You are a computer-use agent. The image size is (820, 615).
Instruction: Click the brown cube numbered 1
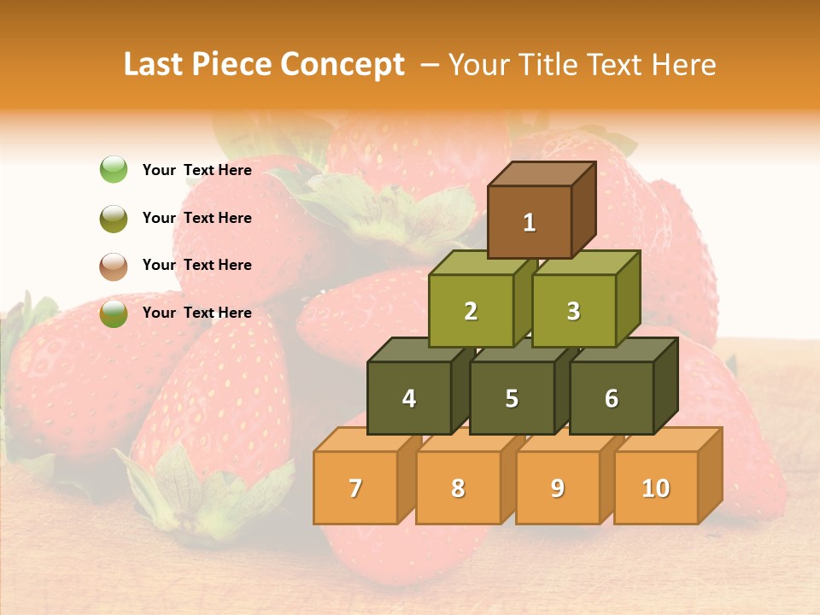click(x=530, y=222)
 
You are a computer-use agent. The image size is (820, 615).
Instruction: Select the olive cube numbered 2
click(x=471, y=311)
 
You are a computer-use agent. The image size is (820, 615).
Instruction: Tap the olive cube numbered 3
click(x=573, y=311)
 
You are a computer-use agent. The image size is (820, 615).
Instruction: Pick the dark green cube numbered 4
click(x=409, y=398)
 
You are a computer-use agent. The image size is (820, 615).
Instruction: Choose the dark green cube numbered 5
click(x=512, y=398)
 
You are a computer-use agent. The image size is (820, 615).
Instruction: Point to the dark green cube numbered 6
click(x=612, y=398)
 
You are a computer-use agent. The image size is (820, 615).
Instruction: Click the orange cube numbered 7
click(x=355, y=488)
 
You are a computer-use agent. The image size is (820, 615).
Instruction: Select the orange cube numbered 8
click(x=458, y=488)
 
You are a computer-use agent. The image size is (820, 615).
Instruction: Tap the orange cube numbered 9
click(x=557, y=488)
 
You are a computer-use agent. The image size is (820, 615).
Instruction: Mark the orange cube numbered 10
click(x=655, y=488)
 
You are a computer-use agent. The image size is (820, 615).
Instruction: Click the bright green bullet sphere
click(x=114, y=170)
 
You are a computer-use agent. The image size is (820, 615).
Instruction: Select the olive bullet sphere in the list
click(x=114, y=218)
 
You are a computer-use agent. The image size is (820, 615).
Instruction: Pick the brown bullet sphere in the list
click(x=114, y=266)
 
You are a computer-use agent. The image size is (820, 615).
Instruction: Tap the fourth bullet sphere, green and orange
click(x=114, y=313)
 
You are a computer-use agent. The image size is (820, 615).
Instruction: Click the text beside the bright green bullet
click(x=196, y=170)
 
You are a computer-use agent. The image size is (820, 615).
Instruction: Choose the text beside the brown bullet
click(x=196, y=265)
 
